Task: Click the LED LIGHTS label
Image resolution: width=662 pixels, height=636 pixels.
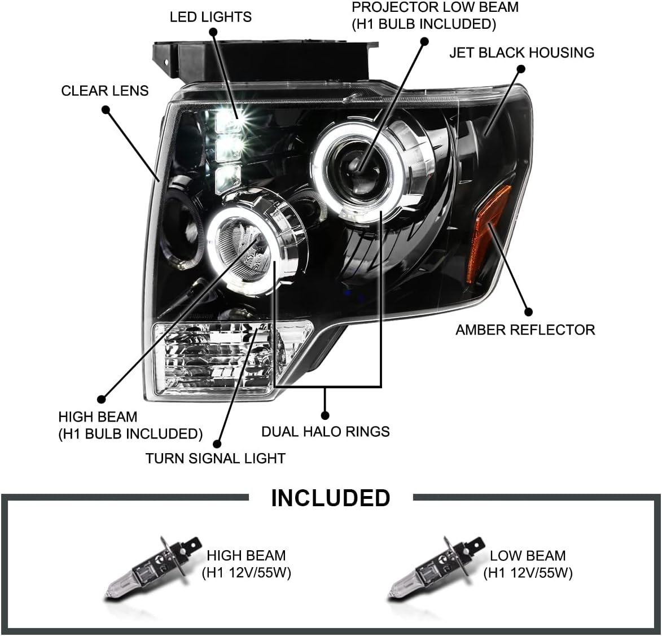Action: pyautogui.click(x=211, y=16)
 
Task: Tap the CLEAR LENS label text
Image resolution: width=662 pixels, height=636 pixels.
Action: pyautogui.click(x=105, y=90)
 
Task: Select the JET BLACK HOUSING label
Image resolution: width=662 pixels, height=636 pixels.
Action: pyautogui.click(x=521, y=52)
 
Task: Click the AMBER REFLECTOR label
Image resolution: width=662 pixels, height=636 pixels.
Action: pyautogui.click(x=525, y=330)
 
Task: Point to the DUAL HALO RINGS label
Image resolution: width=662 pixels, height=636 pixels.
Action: pyautogui.click(x=326, y=432)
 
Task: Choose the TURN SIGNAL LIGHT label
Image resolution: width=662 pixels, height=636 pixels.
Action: pyautogui.click(x=215, y=458)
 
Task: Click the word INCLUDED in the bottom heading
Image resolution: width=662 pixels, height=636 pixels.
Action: pyautogui.click(x=330, y=498)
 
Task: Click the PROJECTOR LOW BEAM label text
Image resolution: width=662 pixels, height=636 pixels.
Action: pyautogui.click(x=435, y=15)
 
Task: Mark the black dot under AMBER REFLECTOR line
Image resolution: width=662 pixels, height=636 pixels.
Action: pyautogui.click(x=528, y=311)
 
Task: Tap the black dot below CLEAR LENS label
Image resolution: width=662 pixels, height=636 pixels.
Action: pyautogui.click(x=106, y=111)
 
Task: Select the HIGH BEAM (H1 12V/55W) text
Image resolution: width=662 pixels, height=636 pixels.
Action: pyautogui.click(x=246, y=564)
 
